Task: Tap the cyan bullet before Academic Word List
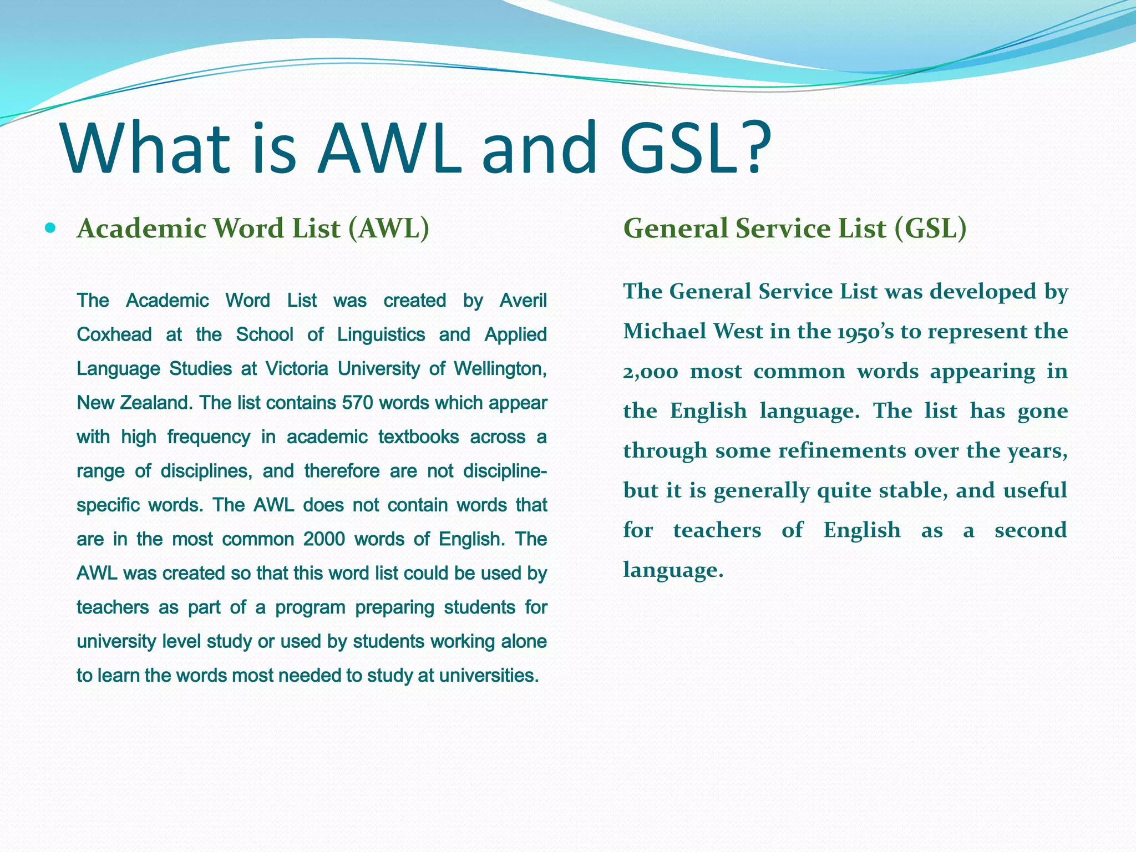50,227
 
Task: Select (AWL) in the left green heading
389,229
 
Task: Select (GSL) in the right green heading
930,229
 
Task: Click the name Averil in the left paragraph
523,301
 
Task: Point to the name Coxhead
114,334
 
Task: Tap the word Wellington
500,369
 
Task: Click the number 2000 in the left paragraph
324,539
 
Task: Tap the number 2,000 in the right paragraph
650,372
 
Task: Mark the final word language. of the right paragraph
673,570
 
